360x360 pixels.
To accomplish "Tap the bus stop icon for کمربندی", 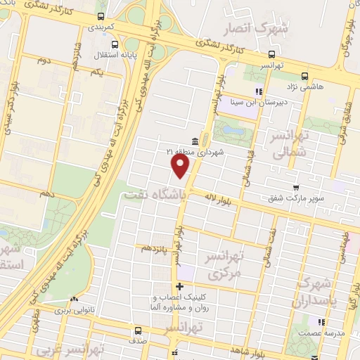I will tap(103, 15).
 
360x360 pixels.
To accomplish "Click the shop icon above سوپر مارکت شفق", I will tap(296, 187).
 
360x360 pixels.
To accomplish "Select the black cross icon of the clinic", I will tap(181, 286).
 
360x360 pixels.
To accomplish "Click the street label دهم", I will tap(46, 192).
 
